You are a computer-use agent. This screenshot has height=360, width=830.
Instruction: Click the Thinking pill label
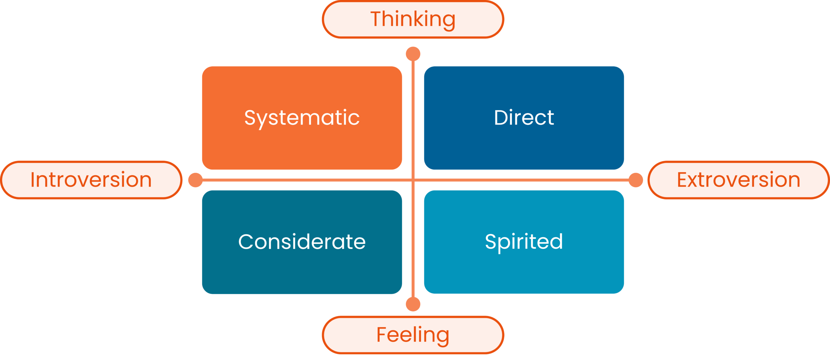click(413, 19)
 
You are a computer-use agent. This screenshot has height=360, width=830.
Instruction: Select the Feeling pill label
click(413, 335)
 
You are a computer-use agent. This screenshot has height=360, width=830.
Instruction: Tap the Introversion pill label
click(91, 180)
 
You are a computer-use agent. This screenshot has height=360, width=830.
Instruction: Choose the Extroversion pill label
click(739, 180)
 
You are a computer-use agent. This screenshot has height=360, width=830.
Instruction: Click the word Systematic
click(302, 118)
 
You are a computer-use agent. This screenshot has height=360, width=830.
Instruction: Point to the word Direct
click(524, 118)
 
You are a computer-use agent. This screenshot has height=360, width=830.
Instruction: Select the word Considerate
click(302, 242)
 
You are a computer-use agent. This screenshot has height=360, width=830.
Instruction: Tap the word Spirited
click(524, 242)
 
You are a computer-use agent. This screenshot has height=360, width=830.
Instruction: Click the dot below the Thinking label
click(413, 54)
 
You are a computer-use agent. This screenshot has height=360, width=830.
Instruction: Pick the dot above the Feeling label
click(413, 304)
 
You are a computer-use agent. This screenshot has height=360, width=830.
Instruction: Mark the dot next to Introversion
click(196, 180)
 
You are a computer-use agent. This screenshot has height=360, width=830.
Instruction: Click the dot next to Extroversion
click(635, 180)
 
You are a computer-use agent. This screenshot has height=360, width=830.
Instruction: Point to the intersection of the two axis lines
click(413, 180)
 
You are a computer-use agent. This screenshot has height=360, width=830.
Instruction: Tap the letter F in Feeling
click(383, 335)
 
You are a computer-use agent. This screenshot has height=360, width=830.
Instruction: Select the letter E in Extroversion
click(683, 180)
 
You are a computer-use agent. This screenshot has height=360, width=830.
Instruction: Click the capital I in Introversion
click(32, 180)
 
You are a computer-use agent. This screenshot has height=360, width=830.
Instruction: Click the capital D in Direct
click(502, 118)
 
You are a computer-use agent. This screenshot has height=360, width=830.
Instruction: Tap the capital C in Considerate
click(246, 242)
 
